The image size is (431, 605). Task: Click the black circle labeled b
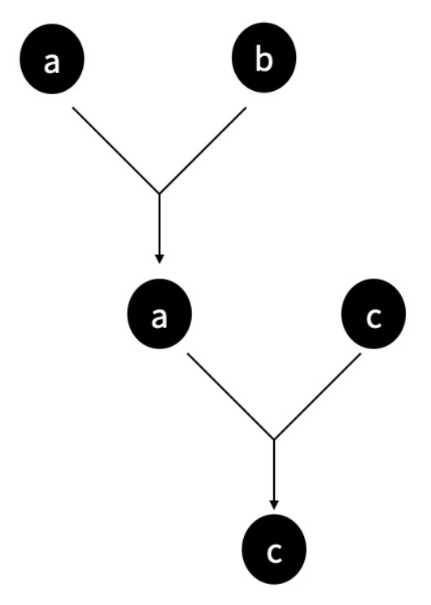point(264,58)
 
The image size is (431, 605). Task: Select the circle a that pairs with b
point(52,58)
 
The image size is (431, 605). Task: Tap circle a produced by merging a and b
point(159,313)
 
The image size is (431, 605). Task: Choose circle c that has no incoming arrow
point(374,313)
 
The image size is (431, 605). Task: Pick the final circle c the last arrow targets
point(274,550)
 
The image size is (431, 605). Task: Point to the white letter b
point(264,60)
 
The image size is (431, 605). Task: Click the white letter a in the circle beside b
point(52,63)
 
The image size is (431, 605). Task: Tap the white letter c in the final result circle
point(274,553)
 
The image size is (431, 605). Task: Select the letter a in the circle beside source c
point(159,318)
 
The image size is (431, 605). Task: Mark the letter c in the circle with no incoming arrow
point(374,318)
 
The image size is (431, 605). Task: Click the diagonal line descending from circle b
point(203,150)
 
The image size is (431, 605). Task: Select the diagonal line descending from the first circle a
point(116,150)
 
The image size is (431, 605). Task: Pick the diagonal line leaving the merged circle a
point(231,395)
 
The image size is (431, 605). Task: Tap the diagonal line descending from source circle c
point(318,396)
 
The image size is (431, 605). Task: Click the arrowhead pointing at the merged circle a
point(159,259)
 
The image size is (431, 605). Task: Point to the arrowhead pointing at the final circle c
point(274,504)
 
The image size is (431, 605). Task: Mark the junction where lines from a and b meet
point(159,193)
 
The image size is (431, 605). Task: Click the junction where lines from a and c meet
point(274,439)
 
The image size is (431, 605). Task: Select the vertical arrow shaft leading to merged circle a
point(159,224)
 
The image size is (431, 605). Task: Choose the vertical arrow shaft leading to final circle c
point(274,470)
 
